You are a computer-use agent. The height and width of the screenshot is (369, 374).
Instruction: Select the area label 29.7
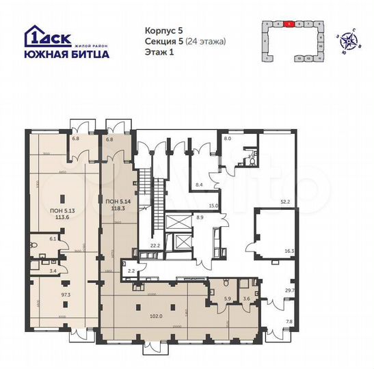pyautogui.click(x=289, y=290)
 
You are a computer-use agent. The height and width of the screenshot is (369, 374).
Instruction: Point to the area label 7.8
pyautogui.click(x=289, y=321)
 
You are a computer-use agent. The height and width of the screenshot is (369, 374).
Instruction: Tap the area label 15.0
pyautogui.click(x=213, y=206)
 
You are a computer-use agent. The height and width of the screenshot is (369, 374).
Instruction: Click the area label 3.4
pyautogui.click(x=52, y=271)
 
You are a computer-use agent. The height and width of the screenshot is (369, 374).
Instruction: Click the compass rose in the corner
pyautogui.click(x=351, y=40)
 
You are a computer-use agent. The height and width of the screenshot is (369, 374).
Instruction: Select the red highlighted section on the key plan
pyautogui.click(x=290, y=23)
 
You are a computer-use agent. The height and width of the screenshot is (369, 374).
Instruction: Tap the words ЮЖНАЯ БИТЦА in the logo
pyautogui.click(x=65, y=55)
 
